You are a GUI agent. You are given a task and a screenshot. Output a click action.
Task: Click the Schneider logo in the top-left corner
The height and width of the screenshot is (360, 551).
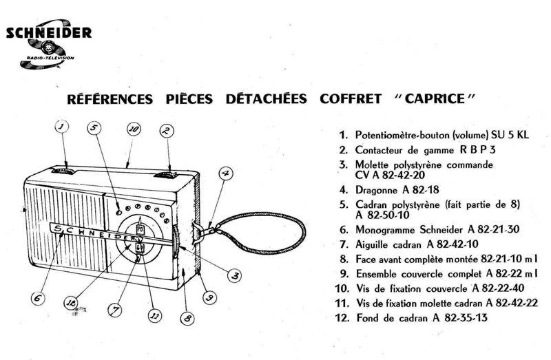pos(49,45)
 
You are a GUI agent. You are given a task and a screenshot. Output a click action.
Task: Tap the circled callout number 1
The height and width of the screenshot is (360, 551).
pos(61,127)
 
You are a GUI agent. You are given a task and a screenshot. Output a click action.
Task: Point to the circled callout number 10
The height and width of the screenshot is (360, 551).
pos(134,129)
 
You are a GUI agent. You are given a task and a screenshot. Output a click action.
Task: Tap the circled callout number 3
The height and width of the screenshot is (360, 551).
pos(236,275)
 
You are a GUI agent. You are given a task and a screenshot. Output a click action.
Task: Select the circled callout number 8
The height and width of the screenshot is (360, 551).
pos(185,318)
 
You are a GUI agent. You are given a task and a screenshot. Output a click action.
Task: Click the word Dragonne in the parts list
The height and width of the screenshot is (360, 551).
pos(377,189)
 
